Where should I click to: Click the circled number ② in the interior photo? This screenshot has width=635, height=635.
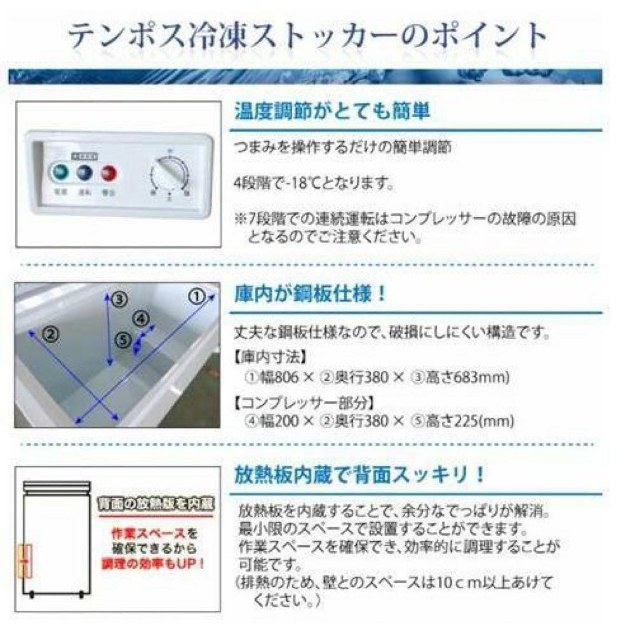click(51, 334)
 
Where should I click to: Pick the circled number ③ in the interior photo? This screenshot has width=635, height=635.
click(119, 299)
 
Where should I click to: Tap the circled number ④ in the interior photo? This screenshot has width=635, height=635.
click(141, 319)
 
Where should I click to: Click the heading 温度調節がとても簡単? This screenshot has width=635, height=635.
click(332, 111)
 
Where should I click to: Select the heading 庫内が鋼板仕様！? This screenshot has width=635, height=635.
click(311, 294)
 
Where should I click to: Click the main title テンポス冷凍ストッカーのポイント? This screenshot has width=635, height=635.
click(307, 36)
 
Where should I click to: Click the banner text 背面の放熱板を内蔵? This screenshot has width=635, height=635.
click(155, 504)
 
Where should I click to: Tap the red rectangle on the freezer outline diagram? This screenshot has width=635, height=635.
click(25, 562)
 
